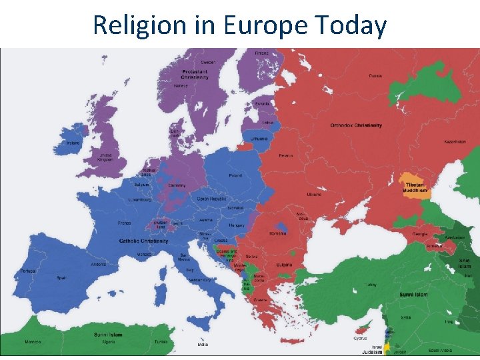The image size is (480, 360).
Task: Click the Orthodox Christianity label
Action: pos(356,125)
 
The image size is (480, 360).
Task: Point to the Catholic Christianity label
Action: pos(143,240)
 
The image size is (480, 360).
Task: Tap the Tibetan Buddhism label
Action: pos(413,187)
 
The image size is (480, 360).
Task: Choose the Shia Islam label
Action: pos(464,263)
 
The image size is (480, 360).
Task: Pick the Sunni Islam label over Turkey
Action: pos(413,294)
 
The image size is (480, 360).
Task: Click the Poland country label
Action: pos(236,175)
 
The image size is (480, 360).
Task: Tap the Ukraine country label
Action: pos(314,195)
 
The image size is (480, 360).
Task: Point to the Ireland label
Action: pos(72,142)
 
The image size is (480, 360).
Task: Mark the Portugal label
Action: pos(27,271)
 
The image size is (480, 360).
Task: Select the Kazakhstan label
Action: pos(455,142)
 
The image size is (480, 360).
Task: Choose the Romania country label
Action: pos(277,233)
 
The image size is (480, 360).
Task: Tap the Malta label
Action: pos(203,345)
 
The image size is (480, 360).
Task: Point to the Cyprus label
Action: pos(359,338)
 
